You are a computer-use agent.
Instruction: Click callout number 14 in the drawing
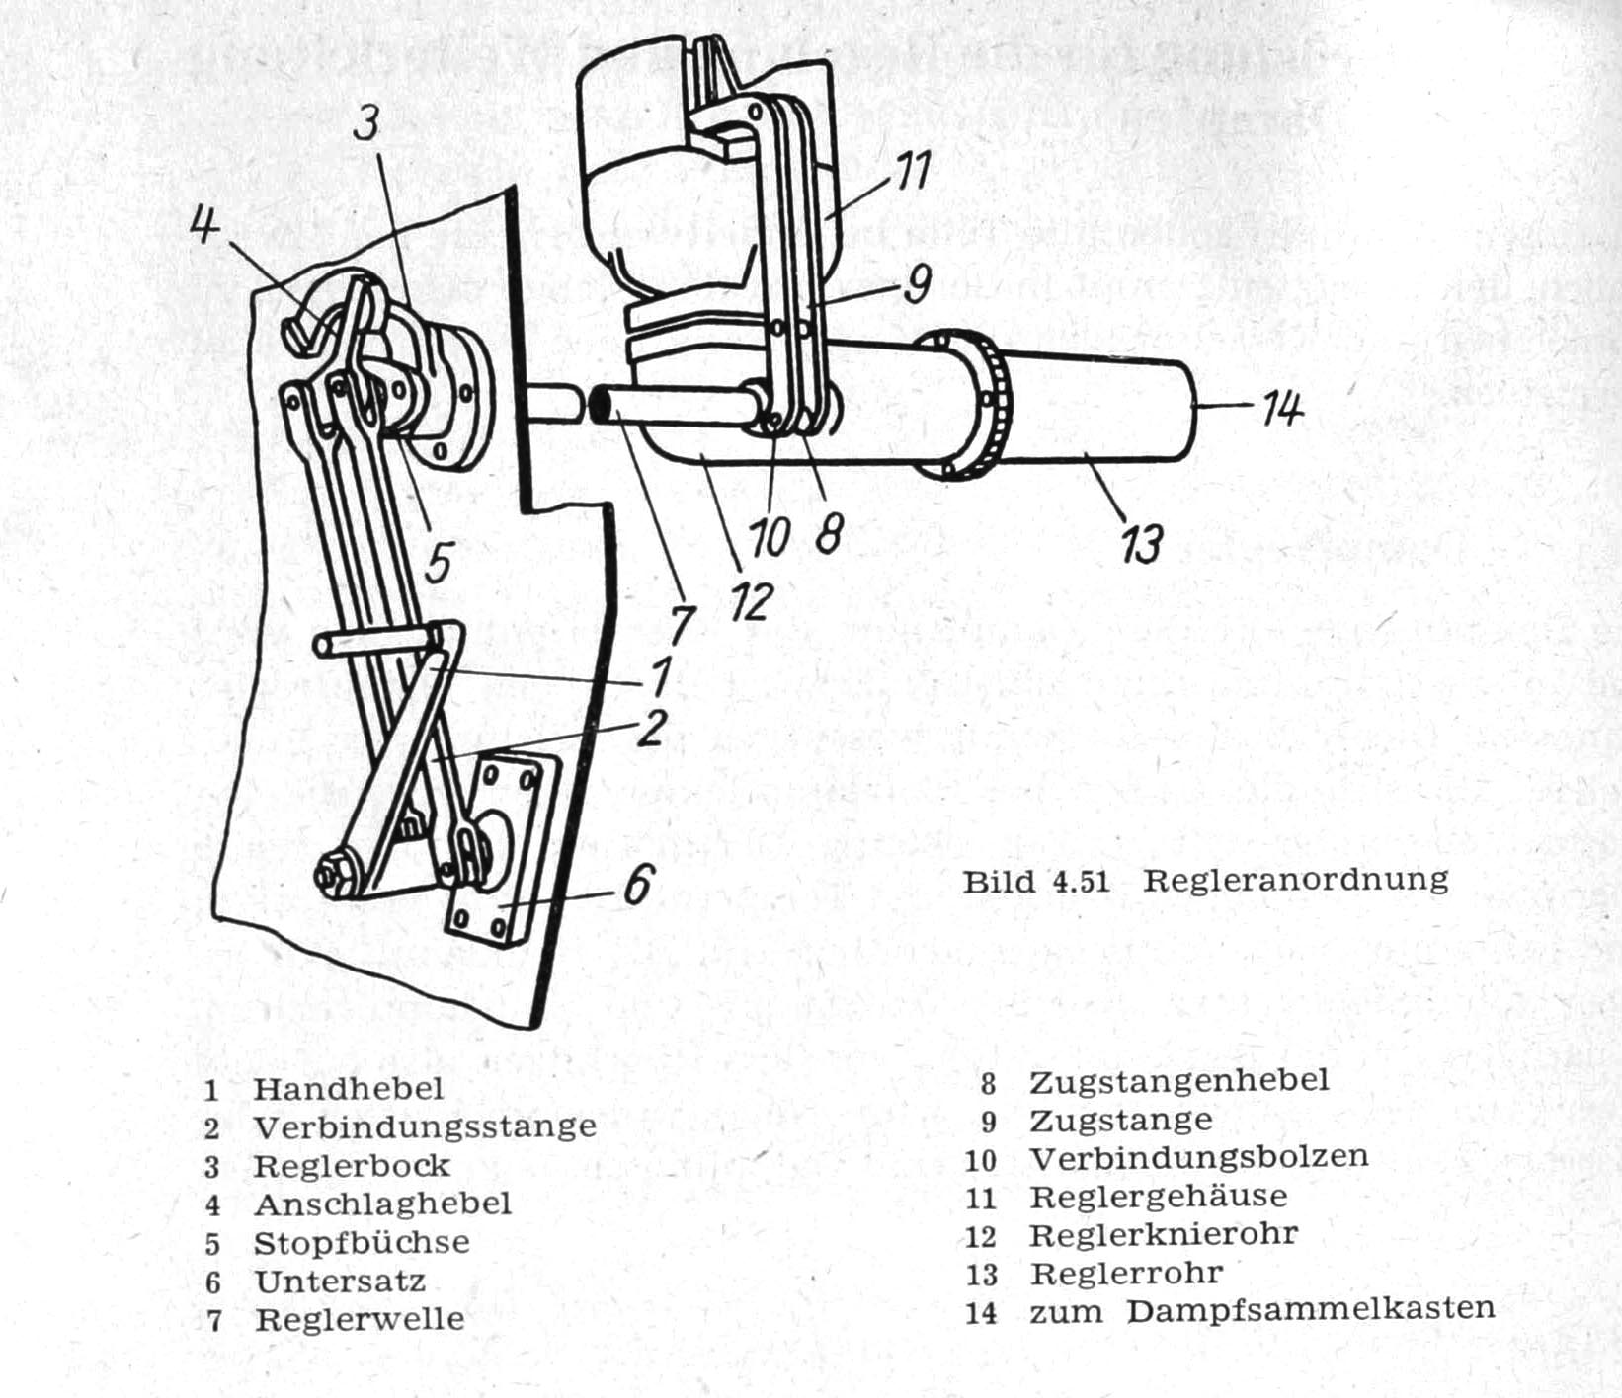pos(1282,407)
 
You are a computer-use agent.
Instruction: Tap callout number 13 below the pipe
pos(1143,543)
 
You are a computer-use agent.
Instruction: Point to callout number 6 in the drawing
pos(638,885)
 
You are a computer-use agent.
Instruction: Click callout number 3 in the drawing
pos(438,563)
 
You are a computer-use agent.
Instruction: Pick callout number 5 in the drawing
pos(438,563)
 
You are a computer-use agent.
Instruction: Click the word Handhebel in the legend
pos(349,1088)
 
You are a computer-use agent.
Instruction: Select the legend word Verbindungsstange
pos(425,1126)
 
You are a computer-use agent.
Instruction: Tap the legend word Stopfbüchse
pos(362,1242)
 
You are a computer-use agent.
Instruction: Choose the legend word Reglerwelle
pos(360,1319)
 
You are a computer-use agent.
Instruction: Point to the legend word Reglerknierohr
pos(1164,1235)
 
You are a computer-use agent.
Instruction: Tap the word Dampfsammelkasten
pos(1311,1310)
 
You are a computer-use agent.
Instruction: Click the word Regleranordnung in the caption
pos(1296,879)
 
